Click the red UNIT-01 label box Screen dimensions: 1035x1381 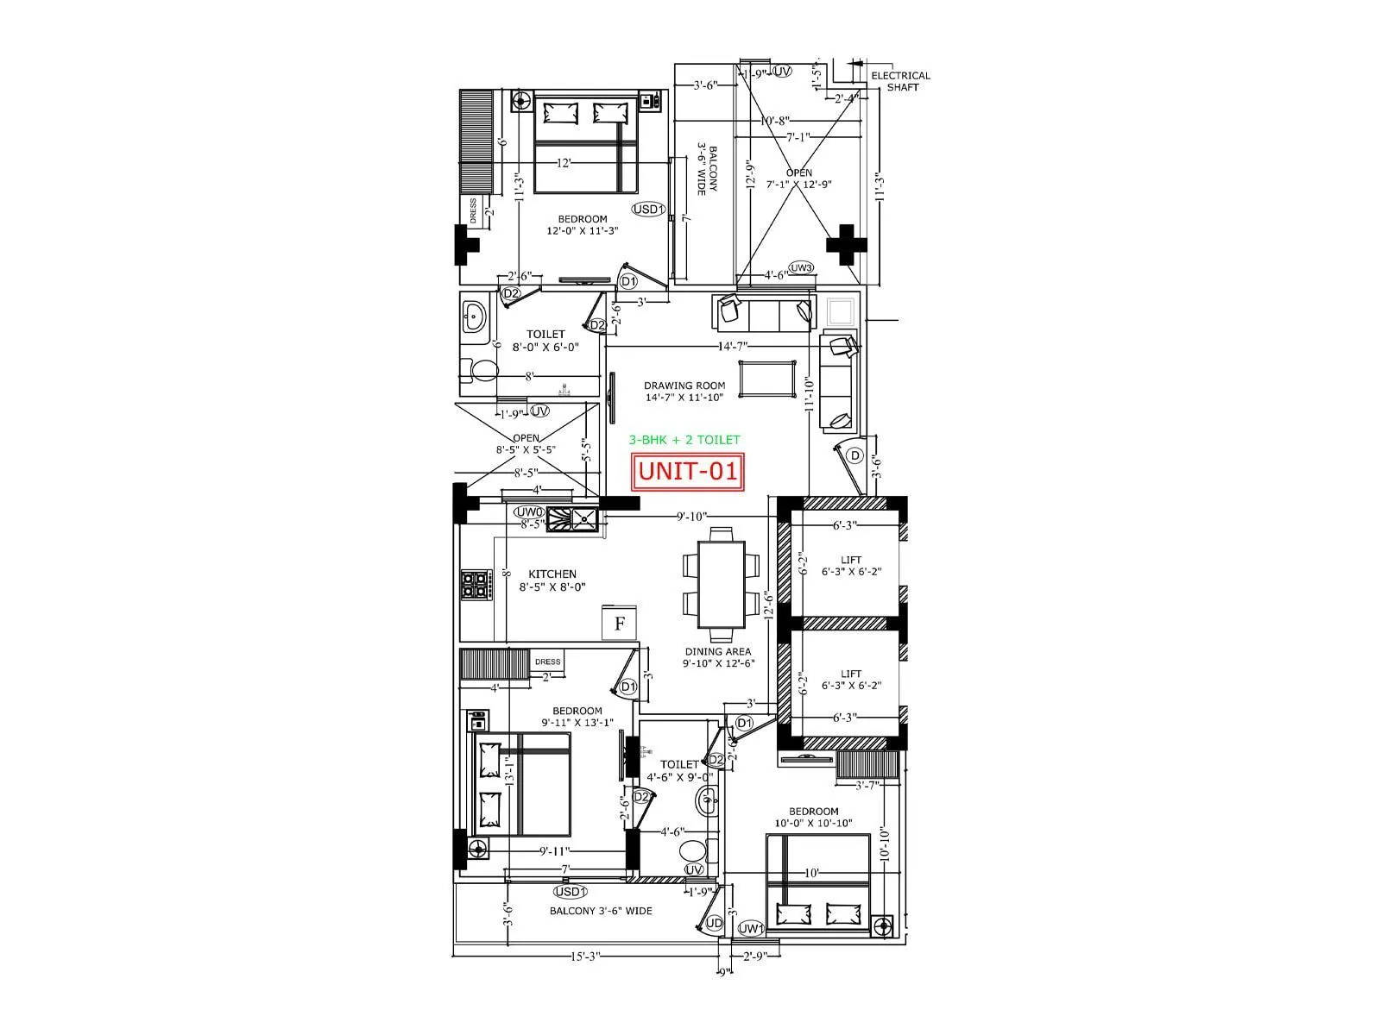[x=687, y=472]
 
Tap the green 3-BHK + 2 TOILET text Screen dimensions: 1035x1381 [x=684, y=440]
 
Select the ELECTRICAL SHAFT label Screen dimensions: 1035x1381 [x=901, y=81]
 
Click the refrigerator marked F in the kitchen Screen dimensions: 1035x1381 [x=619, y=623]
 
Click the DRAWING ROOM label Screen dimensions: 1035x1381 [x=684, y=392]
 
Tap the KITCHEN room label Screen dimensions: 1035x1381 [x=552, y=580]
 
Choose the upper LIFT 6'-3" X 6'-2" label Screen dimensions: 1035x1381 [x=850, y=566]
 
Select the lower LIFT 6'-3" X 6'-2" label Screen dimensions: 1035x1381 [x=850, y=680]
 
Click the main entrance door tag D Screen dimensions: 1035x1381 [x=854, y=455]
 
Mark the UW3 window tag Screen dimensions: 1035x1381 [x=801, y=268]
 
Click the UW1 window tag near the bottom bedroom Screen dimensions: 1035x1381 [x=752, y=928]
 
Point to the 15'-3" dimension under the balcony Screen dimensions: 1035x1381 [x=585, y=957]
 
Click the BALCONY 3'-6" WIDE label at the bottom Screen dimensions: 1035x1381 [x=601, y=911]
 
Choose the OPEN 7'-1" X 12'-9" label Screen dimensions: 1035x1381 [x=799, y=179]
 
